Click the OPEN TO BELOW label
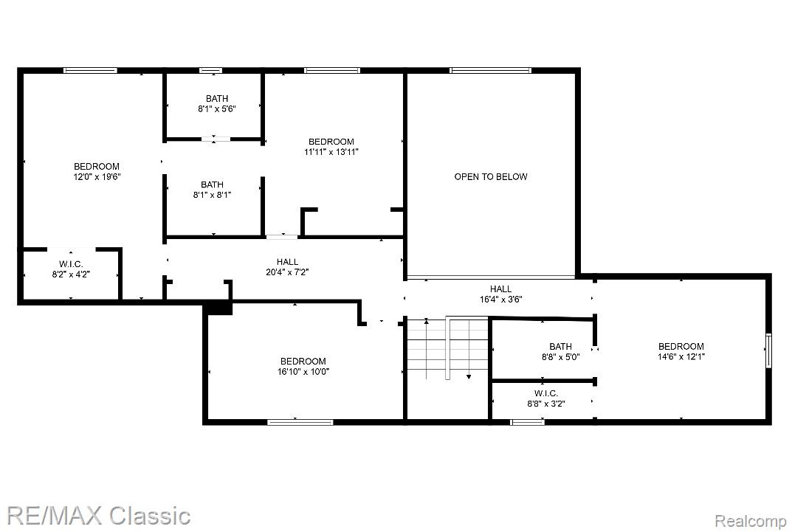tap(490, 176)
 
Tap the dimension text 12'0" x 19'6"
tap(96, 177)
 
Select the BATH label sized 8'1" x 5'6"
tap(217, 98)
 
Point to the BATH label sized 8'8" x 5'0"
tap(560, 346)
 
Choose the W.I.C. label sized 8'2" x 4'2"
tap(71, 264)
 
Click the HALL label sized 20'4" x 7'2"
tap(287, 261)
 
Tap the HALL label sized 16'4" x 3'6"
tap(500, 289)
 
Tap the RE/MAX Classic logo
tap(96, 514)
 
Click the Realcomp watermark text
tap(751, 521)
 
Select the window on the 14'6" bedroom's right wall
tap(768, 350)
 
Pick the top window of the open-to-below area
tap(491, 71)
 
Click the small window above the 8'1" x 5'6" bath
tap(210, 71)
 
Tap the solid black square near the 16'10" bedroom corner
tap(218, 308)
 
